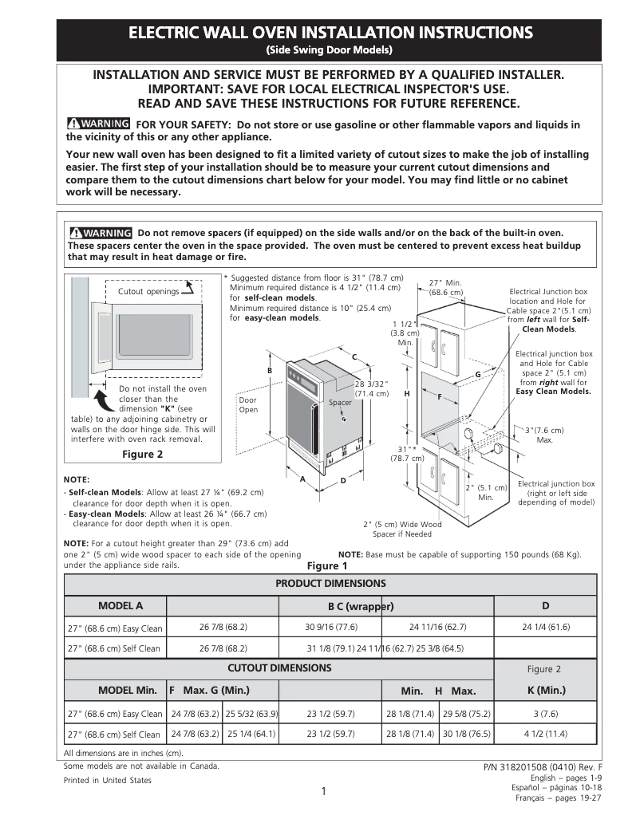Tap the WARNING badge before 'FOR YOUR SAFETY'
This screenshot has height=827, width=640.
[99, 124]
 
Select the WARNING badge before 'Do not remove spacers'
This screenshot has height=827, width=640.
[100, 233]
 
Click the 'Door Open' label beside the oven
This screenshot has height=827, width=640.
[248, 404]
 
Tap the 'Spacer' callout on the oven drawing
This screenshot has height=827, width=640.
[340, 403]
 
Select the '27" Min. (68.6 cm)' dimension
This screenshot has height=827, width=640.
[445, 288]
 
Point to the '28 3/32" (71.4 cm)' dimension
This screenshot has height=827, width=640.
[372, 388]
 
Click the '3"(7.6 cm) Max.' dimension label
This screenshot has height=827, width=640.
[544, 435]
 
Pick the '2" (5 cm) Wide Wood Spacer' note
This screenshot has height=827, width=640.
[402, 529]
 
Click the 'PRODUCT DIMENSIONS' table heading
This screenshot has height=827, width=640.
[330, 584]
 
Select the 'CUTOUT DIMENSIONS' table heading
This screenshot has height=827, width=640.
[279, 668]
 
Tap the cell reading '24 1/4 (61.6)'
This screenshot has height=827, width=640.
[546, 627]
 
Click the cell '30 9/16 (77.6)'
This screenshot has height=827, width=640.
[331, 627]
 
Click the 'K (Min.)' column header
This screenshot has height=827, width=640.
[546, 690]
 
